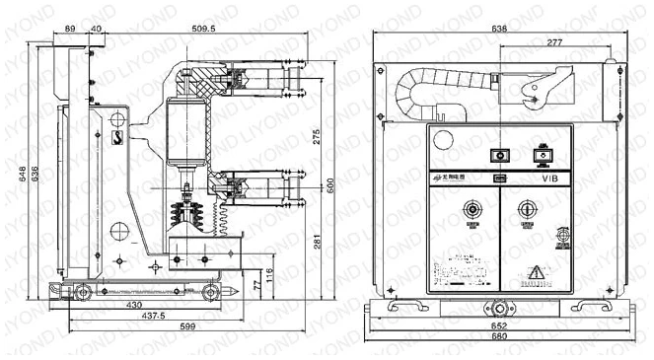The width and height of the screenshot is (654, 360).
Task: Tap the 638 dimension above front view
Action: (x=500, y=30)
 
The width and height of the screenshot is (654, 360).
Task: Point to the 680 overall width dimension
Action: (x=501, y=336)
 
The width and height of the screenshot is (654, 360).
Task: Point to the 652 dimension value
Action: (x=501, y=324)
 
